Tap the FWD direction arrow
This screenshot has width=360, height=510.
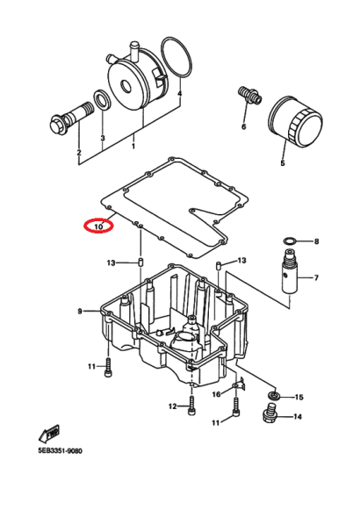[49, 434]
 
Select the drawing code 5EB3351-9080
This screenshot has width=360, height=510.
[60, 451]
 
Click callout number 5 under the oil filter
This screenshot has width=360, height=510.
[282, 162]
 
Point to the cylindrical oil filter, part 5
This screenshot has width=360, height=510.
[295, 120]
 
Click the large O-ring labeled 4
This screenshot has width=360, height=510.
[176, 58]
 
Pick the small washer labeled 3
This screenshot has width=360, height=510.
[103, 99]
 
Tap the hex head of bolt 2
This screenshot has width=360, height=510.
[59, 126]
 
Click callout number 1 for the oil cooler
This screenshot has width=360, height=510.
[133, 147]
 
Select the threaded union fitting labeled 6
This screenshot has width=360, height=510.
[249, 95]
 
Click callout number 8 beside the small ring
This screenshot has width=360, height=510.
[316, 241]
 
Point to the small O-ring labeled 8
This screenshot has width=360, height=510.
[290, 241]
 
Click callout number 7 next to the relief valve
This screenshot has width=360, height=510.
[316, 277]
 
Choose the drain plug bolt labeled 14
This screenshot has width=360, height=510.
[269, 413]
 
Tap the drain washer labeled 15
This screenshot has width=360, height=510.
[275, 396]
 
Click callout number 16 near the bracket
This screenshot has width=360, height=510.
[216, 394]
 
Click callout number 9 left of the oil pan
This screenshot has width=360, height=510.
[80, 312]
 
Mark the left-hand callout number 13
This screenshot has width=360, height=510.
[111, 262]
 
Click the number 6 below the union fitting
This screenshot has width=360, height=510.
[243, 126]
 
